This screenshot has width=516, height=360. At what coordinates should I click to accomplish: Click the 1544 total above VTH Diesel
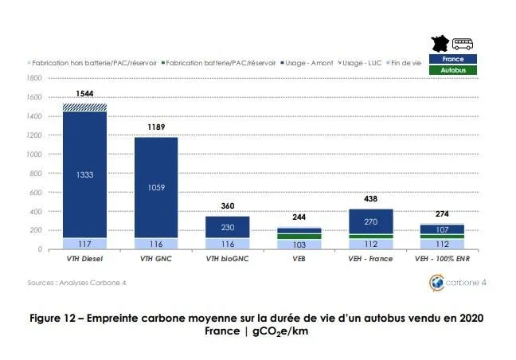pyautogui.click(x=85, y=94)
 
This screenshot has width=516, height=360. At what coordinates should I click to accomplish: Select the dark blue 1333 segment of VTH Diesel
pyautogui.click(x=85, y=175)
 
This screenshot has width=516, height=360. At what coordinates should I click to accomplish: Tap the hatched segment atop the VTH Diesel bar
pyautogui.click(x=85, y=107)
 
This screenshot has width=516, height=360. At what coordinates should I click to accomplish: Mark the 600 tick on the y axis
pyautogui.click(x=35, y=192)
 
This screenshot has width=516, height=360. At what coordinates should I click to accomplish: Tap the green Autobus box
pyautogui.click(x=452, y=70)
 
